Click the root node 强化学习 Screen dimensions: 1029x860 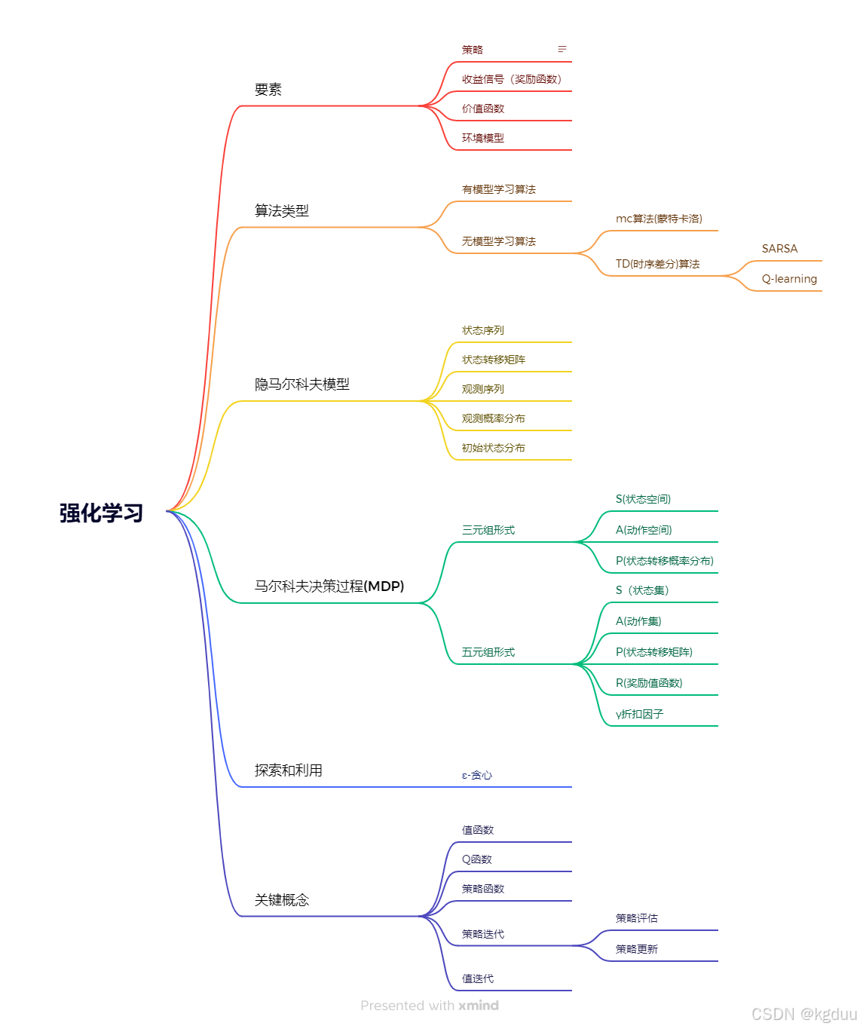(x=101, y=513)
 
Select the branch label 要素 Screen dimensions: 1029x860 (x=268, y=90)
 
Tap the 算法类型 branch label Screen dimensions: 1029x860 (x=282, y=211)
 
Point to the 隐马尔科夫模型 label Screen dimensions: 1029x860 (x=302, y=384)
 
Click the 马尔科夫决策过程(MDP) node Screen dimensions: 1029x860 (x=329, y=586)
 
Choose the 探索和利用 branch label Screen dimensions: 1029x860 (x=289, y=770)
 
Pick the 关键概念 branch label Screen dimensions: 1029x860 (x=282, y=900)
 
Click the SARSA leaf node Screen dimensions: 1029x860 (x=779, y=249)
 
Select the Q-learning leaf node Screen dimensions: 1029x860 (x=789, y=279)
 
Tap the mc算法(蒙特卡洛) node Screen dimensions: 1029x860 (x=659, y=219)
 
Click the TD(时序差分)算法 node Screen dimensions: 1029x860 (x=657, y=264)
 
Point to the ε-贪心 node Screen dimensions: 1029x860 (x=477, y=775)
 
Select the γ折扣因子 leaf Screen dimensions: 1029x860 (x=639, y=714)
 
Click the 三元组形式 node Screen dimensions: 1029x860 (x=488, y=530)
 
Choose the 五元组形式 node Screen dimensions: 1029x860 (x=488, y=652)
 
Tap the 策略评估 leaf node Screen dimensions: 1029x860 (x=637, y=918)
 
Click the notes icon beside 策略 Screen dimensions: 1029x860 (x=562, y=49)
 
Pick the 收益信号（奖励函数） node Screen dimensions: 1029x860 (x=513, y=79)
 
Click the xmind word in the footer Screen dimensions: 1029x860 (x=479, y=1006)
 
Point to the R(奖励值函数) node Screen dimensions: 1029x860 (x=649, y=683)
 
